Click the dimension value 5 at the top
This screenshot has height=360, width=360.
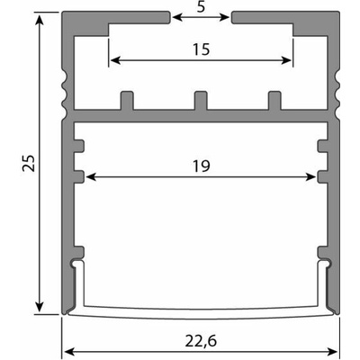click(201, 6)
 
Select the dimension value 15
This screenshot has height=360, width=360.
click(201, 49)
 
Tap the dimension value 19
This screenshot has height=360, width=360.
click(201, 166)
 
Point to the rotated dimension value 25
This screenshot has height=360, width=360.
click(29, 164)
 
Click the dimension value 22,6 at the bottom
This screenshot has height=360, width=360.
click(201, 341)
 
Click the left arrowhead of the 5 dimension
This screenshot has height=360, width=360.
click(177, 17)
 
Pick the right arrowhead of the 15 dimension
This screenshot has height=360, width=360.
click(286, 60)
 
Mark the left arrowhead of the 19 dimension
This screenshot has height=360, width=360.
click(91, 177)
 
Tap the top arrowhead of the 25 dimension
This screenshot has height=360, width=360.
click(39, 19)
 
